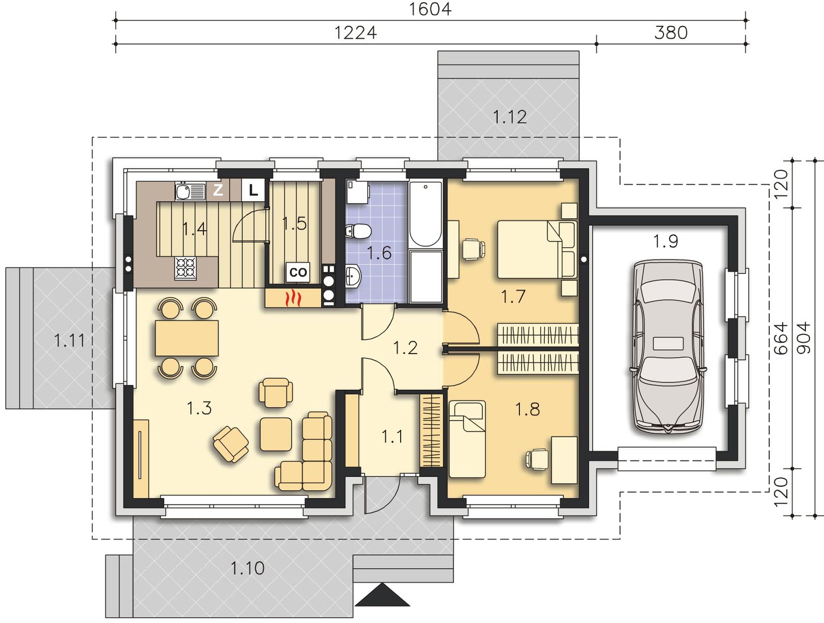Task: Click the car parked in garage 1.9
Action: tap(667, 347)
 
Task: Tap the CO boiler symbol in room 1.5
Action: tap(298, 272)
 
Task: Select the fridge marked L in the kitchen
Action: tap(253, 190)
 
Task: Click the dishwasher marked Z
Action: tap(218, 190)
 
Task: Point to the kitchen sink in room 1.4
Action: tap(191, 191)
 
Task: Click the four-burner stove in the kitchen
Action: tap(185, 268)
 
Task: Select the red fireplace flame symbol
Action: tap(294, 298)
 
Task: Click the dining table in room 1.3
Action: tap(186, 338)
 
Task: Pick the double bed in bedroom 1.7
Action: tap(537, 249)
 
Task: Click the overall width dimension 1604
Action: tap(430, 9)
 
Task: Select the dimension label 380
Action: tap(671, 33)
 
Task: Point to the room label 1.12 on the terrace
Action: tap(510, 117)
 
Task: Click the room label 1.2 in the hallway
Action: tap(405, 348)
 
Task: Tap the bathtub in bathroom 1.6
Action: tap(425, 214)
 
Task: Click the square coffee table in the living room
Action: tap(276, 434)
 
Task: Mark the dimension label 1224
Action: tap(355, 33)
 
